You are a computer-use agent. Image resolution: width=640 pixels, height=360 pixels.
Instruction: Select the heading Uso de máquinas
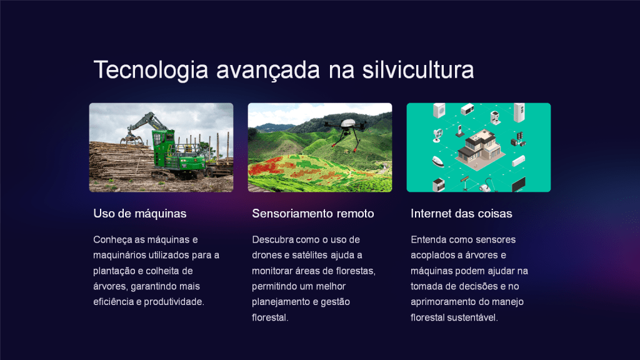pyautogui.click(x=139, y=214)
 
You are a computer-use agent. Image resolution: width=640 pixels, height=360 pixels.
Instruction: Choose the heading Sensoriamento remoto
pyautogui.click(x=312, y=214)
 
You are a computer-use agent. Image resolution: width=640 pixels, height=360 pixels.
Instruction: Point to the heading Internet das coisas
pyautogui.click(x=461, y=214)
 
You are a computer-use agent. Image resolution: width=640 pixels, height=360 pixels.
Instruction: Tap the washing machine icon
pyautogui.click(x=439, y=111)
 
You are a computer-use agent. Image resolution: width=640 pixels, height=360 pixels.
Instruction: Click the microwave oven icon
pyautogui.click(x=467, y=109)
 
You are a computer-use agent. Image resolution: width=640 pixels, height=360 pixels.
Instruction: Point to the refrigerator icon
pyautogui.click(x=519, y=112)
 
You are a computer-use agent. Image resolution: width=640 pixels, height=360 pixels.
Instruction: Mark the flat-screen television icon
pyautogui.click(x=518, y=184)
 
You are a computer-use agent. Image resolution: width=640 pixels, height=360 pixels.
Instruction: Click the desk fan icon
pyautogui.click(x=437, y=136)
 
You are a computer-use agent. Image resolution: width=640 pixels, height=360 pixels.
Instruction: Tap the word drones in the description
pyautogui.click(x=266, y=255)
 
